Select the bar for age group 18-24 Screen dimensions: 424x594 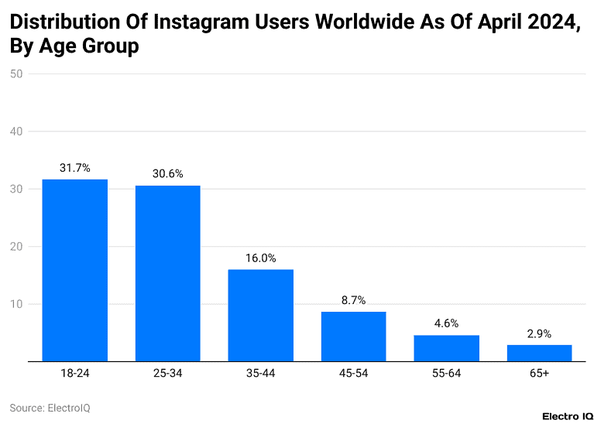point(74,270)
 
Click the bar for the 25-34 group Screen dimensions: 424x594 point(167,273)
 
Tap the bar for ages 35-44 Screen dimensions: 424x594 point(260,315)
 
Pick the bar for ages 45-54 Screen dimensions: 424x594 point(353,336)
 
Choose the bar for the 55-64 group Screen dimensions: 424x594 point(446,347)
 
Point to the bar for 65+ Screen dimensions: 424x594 point(539,352)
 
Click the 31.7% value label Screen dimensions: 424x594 point(74,167)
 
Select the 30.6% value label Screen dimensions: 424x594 point(167,173)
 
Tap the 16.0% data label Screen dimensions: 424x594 point(260,258)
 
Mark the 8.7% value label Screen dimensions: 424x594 point(353,299)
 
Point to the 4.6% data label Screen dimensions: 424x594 point(446,323)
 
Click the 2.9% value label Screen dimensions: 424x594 point(539,333)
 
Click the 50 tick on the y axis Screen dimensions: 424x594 point(16,74)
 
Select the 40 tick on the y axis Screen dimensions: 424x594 point(16,132)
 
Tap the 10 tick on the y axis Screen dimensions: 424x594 point(16,304)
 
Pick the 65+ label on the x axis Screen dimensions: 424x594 point(539,373)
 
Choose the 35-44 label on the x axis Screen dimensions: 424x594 point(260,373)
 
